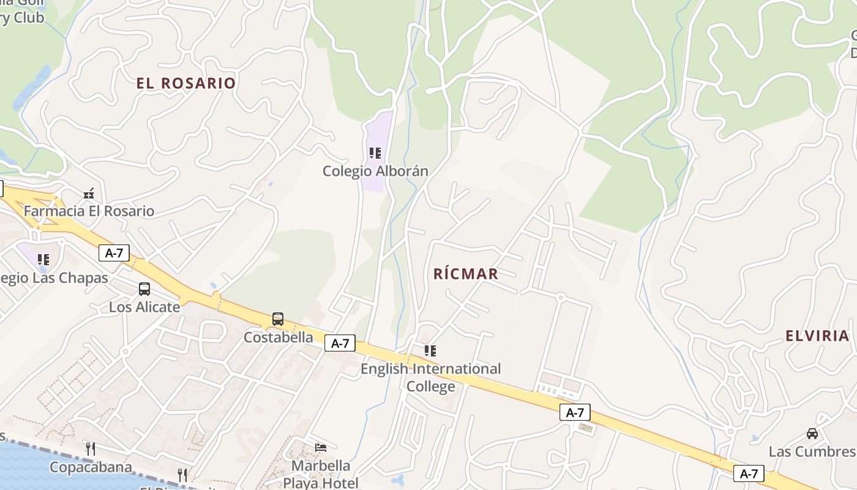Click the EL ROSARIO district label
click(186, 83)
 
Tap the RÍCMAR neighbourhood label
click(466, 274)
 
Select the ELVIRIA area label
click(817, 336)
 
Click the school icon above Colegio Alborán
click(375, 153)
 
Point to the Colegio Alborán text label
click(375, 171)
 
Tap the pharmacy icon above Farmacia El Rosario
click(89, 194)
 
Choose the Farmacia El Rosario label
click(89, 211)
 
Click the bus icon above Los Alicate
click(144, 289)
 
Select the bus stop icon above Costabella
click(278, 319)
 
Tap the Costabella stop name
click(278, 337)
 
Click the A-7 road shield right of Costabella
click(340, 344)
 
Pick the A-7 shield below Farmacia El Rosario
click(114, 253)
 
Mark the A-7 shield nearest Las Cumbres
click(749, 473)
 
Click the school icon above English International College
click(430, 351)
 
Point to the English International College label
click(430, 377)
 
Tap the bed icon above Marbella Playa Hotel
click(321, 448)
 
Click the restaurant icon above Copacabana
click(91, 449)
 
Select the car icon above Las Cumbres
click(812, 434)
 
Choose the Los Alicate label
click(144, 307)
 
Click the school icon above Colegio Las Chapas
click(43, 260)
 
